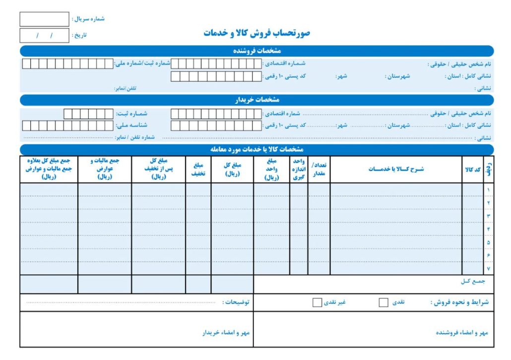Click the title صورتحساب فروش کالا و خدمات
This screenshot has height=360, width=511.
(256, 33)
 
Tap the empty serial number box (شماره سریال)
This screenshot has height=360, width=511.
(44, 19)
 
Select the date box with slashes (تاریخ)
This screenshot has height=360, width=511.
(44, 36)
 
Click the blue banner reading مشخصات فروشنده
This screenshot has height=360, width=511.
(256, 51)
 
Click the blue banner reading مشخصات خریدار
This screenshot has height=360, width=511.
(256, 100)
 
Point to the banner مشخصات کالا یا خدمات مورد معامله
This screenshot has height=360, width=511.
(256, 149)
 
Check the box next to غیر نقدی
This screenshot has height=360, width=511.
(317, 302)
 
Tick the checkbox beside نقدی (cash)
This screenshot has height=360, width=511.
(383, 302)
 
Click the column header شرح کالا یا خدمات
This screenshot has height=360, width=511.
(396, 169)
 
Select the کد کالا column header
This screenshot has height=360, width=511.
(472, 169)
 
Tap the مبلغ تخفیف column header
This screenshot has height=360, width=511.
(198, 169)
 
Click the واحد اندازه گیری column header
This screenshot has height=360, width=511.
(299, 169)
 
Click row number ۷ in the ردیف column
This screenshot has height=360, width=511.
(489, 269)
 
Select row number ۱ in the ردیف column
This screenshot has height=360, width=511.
(489, 190)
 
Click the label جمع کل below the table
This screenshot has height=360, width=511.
(473, 282)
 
